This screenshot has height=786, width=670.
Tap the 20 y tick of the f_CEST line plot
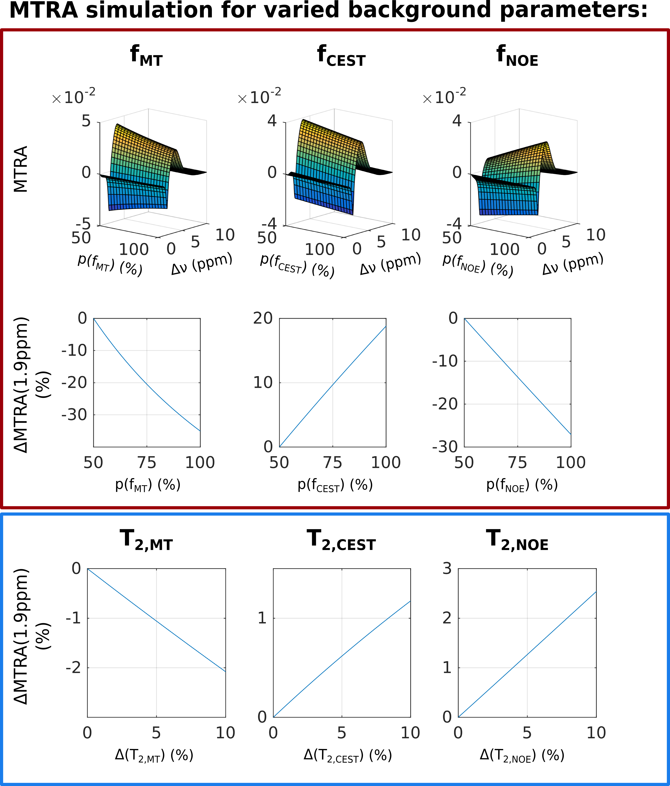point(263,318)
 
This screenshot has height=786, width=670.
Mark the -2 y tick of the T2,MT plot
point(73,668)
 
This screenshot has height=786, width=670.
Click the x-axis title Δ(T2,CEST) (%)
point(347,756)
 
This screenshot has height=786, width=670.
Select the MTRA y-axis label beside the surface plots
point(21,169)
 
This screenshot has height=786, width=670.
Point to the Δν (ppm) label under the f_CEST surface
point(390,264)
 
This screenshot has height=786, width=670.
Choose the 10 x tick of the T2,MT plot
point(225,733)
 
